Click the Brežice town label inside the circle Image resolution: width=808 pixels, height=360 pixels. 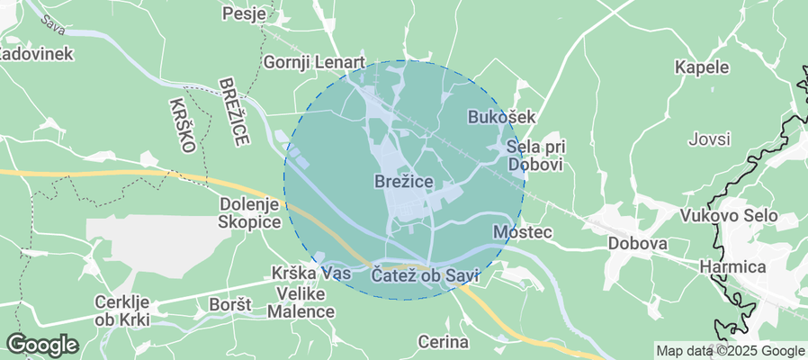pyautogui.click(x=403, y=182)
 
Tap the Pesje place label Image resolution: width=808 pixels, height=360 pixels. pyautogui.click(x=246, y=13)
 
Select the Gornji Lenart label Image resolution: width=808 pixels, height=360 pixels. pyautogui.click(x=313, y=62)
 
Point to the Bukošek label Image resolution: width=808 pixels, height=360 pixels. pyautogui.click(x=502, y=117)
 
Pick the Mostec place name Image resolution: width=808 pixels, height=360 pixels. pyautogui.click(x=522, y=232)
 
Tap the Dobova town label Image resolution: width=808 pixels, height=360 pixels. pyautogui.click(x=637, y=244)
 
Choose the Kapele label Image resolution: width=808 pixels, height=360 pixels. pyautogui.click(x=701, y=67)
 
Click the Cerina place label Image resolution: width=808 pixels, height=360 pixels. pyautogui.click(x=444, y=342)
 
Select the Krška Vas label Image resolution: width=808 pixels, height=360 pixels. pyautogui.click(x=310, y=273)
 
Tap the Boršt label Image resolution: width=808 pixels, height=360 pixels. pyautogui.click(x=229, y=306)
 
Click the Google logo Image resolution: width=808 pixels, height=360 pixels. pyautogui.click(x=41, y=344)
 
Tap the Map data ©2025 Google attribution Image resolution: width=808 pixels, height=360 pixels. pyautogui.click(x=730, y=351)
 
